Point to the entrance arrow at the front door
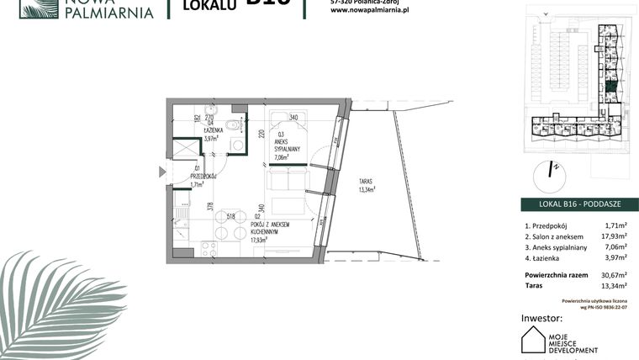[162, 172]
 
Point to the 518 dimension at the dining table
[230, 216]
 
